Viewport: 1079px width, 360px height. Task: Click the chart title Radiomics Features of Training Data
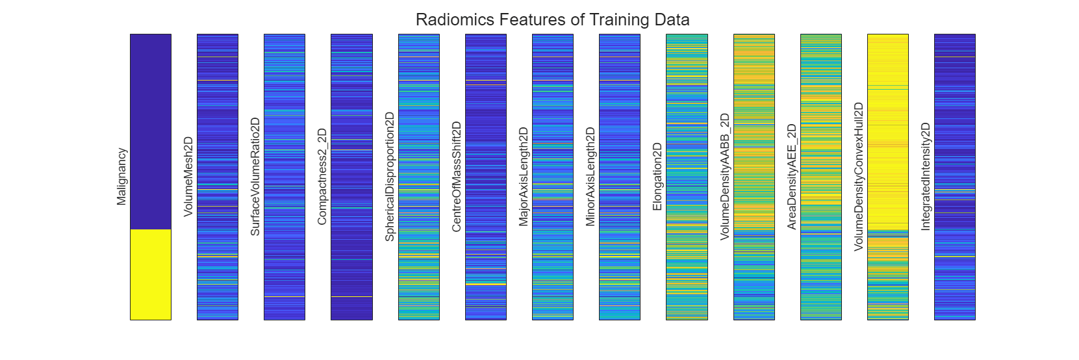click(552, 19)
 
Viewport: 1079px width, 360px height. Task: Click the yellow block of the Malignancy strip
click(151, 274)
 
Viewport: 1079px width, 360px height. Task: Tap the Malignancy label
click(121, 177)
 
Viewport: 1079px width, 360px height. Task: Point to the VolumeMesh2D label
click(188, 177)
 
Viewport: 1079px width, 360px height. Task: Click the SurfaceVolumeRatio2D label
click(255, 177)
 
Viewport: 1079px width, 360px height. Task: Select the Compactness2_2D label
click(322, 177)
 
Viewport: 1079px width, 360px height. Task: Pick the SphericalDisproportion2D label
click(390, 177)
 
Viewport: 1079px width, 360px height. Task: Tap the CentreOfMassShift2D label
click(457, 177)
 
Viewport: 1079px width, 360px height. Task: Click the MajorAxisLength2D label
click(524, 177)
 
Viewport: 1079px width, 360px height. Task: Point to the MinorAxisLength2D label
click(590, 177)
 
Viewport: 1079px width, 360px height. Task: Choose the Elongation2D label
click(657, 177)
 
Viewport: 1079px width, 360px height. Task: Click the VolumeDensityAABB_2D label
click(725, 177)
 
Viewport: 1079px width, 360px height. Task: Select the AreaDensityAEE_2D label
click(792, 177)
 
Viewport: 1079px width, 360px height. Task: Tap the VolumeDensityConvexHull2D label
click(859, 177)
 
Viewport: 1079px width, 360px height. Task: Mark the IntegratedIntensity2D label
click(926, 177)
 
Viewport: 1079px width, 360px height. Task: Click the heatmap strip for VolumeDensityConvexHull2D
click(888, 177)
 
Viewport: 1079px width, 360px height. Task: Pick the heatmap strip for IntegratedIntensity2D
click(955, 177)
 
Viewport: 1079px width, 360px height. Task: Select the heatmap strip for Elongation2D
click(687, 177)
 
